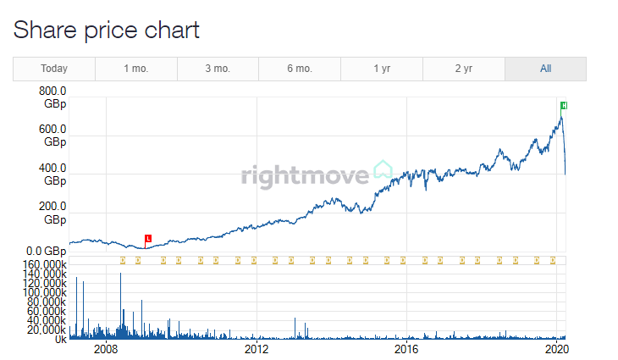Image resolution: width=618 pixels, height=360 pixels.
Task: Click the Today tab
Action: tap(54, 69)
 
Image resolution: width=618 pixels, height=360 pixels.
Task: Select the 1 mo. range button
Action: tap(136, 69)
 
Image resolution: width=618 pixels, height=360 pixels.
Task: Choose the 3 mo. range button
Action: tap(218, 69)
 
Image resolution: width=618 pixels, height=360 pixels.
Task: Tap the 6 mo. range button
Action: tap(300, 69)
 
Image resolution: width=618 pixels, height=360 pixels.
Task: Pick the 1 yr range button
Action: tap(382, 69)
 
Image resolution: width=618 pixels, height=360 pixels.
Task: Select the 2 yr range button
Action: tap(464, 69)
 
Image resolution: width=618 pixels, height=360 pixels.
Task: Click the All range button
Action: tap(546, 69)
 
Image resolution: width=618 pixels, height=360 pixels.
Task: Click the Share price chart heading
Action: tap(106, 30)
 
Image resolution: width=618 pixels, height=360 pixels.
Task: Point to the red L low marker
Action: tap(148, 238)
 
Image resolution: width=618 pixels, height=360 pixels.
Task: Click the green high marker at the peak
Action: tap(564, 105)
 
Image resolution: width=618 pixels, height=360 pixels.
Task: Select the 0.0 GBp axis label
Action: tap(46, 251)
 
